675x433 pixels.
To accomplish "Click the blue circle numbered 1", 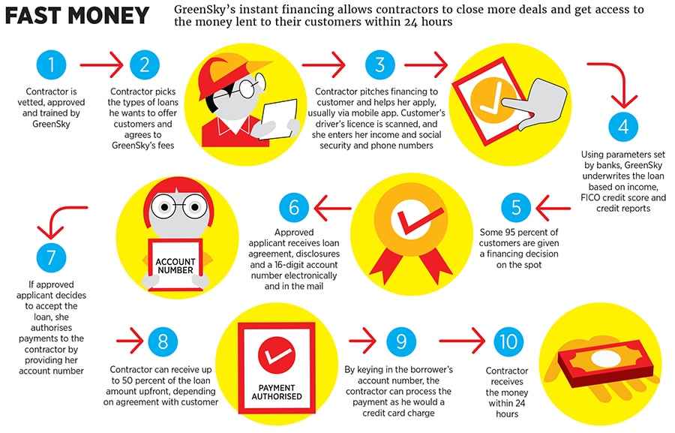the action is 51,65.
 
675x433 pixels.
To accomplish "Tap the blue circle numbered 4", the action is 623,127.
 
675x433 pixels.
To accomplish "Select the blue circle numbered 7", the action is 51,258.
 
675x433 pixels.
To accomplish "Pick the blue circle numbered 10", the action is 508,341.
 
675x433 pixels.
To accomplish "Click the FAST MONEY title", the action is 77,16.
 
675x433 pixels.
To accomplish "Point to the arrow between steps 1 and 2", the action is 101,65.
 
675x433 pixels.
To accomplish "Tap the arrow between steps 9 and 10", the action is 462,341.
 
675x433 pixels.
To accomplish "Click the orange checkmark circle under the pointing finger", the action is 491,101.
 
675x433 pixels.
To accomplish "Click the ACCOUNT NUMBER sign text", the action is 175,266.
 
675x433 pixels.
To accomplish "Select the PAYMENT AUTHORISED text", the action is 277,392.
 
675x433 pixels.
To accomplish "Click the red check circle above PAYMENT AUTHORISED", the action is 277,355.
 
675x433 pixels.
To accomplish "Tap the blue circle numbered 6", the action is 294,207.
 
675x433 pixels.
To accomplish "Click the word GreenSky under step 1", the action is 51,124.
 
